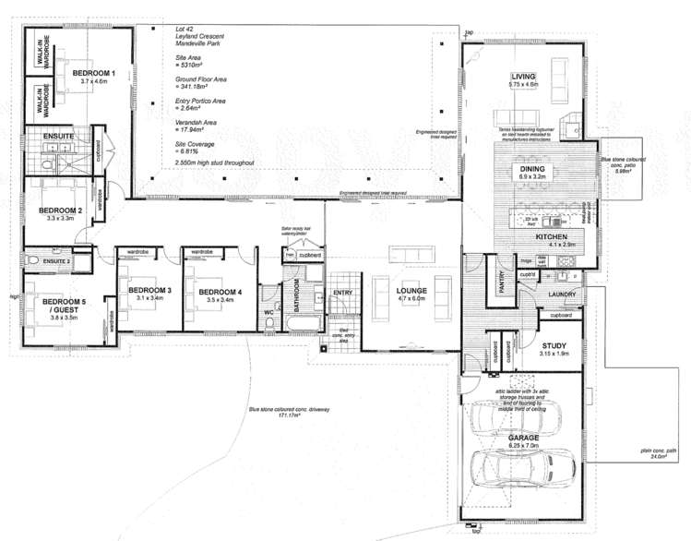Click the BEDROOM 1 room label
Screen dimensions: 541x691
[x=94, y=72]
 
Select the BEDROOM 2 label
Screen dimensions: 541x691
[x=61, y=210]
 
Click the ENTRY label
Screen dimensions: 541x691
[x=343, y=294]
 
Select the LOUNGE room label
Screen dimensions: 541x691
[x=411, y=291]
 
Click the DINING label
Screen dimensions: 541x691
[x=533, y=170]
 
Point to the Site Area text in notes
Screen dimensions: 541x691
[x=189, y=57]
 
